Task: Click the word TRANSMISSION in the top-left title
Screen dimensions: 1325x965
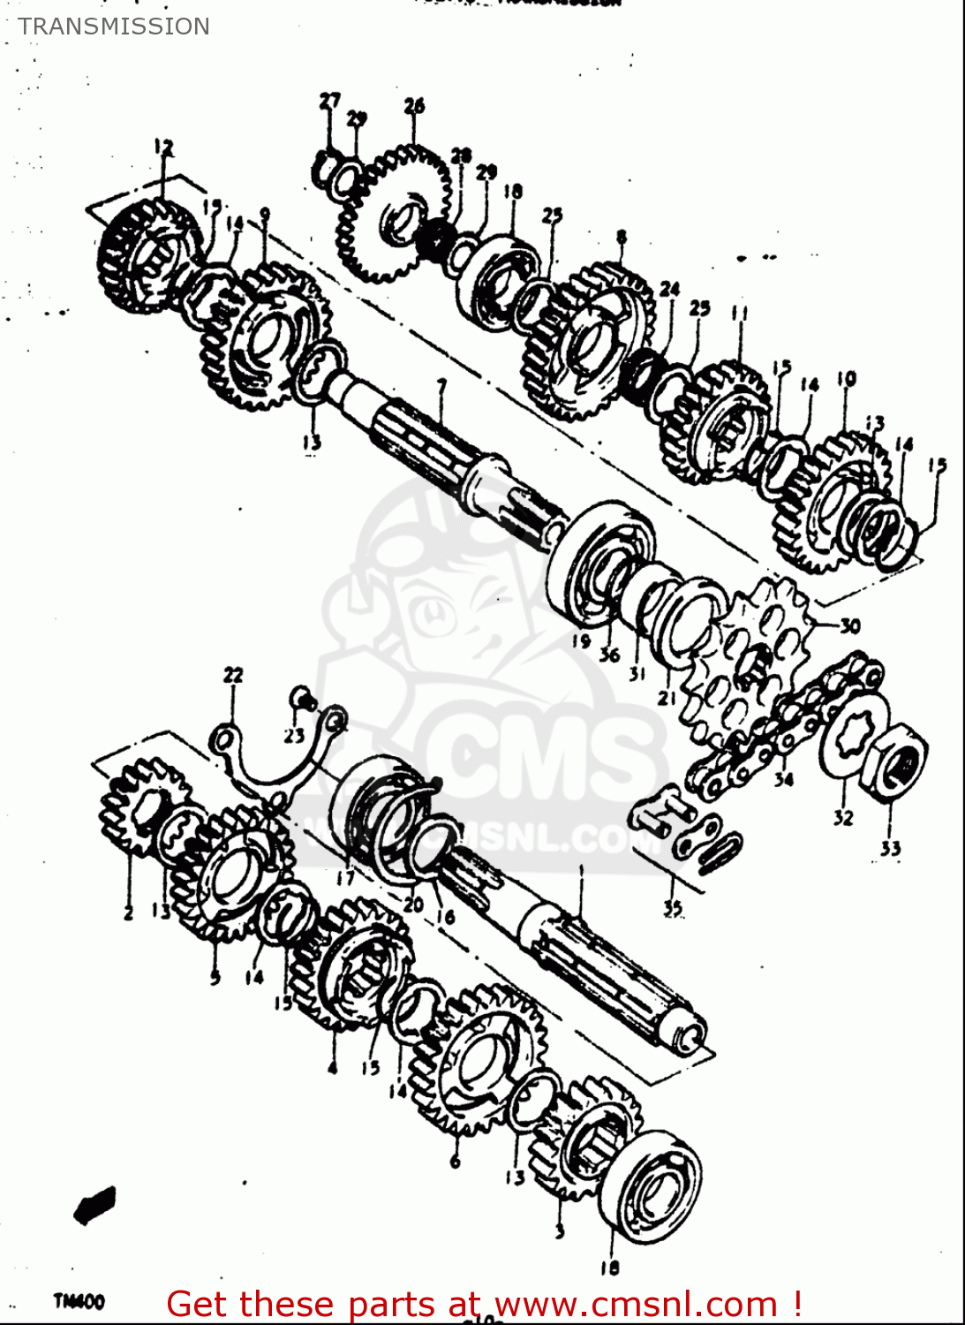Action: [114, 26]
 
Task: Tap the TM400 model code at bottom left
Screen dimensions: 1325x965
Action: [79, 1301]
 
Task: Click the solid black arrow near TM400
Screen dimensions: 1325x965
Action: [95, 1205]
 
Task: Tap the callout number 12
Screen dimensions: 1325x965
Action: [163, 147]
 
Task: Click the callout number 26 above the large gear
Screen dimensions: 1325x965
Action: [414, 106]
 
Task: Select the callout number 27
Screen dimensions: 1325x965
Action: [329, 101]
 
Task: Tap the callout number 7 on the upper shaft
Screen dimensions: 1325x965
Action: [441, 385]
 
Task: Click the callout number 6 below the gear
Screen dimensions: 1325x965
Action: [456, 1161]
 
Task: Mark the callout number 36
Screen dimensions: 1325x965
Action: [609, 655]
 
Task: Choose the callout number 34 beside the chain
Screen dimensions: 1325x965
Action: [784, 778]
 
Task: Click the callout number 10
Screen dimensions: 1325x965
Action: [846, 379]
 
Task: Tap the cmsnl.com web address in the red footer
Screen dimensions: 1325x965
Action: [636, 1304]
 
